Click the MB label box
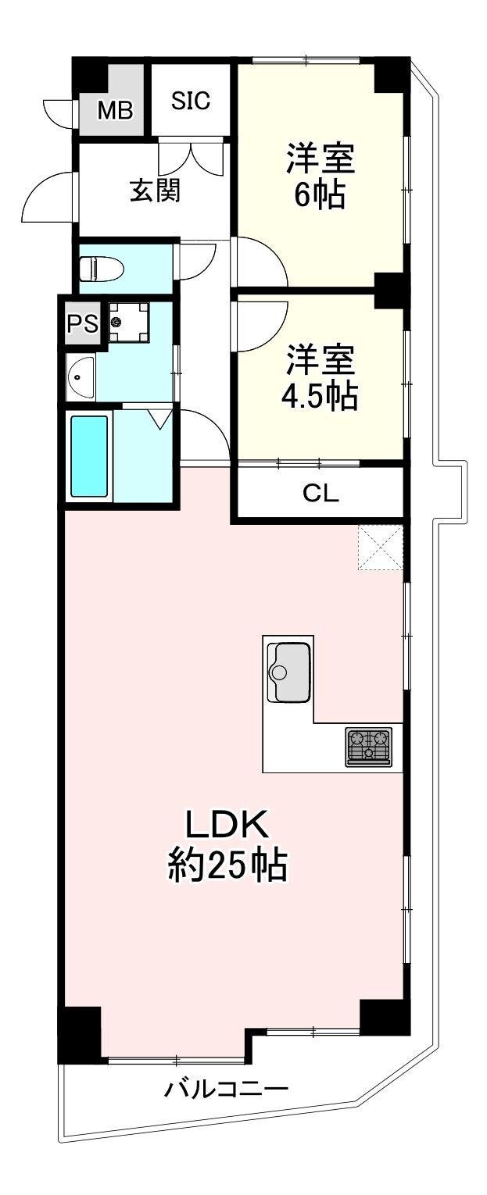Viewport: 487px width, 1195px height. pyautogui.click(x=116, y=111)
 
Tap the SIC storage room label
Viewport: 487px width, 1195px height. pyautogui.click(x=191, y=100)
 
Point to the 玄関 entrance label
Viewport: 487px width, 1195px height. pyautogui.click(x=156, y=191)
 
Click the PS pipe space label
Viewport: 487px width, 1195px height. pyautogui.click(x=83, y=323)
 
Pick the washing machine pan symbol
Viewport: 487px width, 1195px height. pyautogui.click(x=129, y=323)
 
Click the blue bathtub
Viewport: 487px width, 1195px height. pyautogui.click(x=90, y=456)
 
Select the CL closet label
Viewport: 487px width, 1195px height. pyautogui.click(x=321, y=494)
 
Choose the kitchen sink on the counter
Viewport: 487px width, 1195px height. pyautogui.click(x=288, y=671)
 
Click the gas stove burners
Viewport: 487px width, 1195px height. pyautogui.click(x=368, y=747)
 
